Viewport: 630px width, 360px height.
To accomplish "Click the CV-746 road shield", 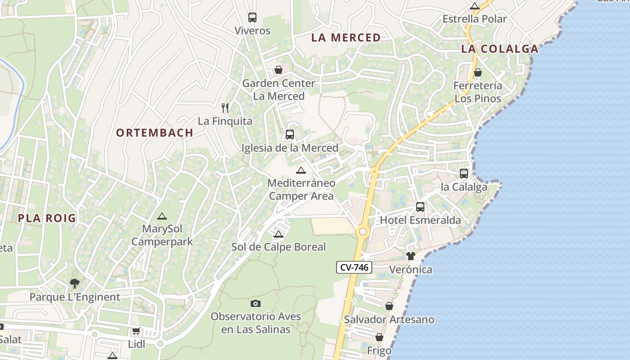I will [x=354, y=267].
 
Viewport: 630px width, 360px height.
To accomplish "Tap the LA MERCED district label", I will [x=346, y=38].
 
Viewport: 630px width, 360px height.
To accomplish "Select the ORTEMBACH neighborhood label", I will [x=154, y=133].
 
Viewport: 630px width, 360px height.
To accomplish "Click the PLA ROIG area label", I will [x=47, y=218].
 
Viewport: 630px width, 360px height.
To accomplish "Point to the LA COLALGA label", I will [x=499, y=49].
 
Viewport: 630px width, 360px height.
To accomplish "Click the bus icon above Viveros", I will [x=252, y=18].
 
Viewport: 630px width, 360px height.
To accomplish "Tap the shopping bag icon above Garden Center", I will [x=279, y=70].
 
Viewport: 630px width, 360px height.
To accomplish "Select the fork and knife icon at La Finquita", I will [x=225, y=108].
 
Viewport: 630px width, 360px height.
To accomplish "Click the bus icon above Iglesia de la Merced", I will [x=290, y=134].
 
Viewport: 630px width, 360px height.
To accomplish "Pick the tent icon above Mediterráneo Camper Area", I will [x=301, y=170].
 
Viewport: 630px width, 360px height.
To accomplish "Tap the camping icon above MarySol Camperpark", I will [x=162, y=216].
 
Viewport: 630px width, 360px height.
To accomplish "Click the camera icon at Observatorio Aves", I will [x=256, y=303].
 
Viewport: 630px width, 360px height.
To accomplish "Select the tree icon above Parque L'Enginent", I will [x=75, y=283].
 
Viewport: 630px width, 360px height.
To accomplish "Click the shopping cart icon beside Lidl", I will [x=136, y=331].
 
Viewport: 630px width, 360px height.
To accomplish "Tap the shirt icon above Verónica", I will [x=410, y=256].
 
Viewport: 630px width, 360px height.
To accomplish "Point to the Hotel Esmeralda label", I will [x=420, y=220].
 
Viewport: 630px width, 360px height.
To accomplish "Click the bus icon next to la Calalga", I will [x=464, y=173].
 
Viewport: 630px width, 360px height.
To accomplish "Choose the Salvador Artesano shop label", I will [x=389, y=319].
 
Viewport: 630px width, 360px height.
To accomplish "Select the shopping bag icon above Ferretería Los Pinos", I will [x=477, y=72].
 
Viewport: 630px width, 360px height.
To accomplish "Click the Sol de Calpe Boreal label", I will [x=278, y=247].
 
